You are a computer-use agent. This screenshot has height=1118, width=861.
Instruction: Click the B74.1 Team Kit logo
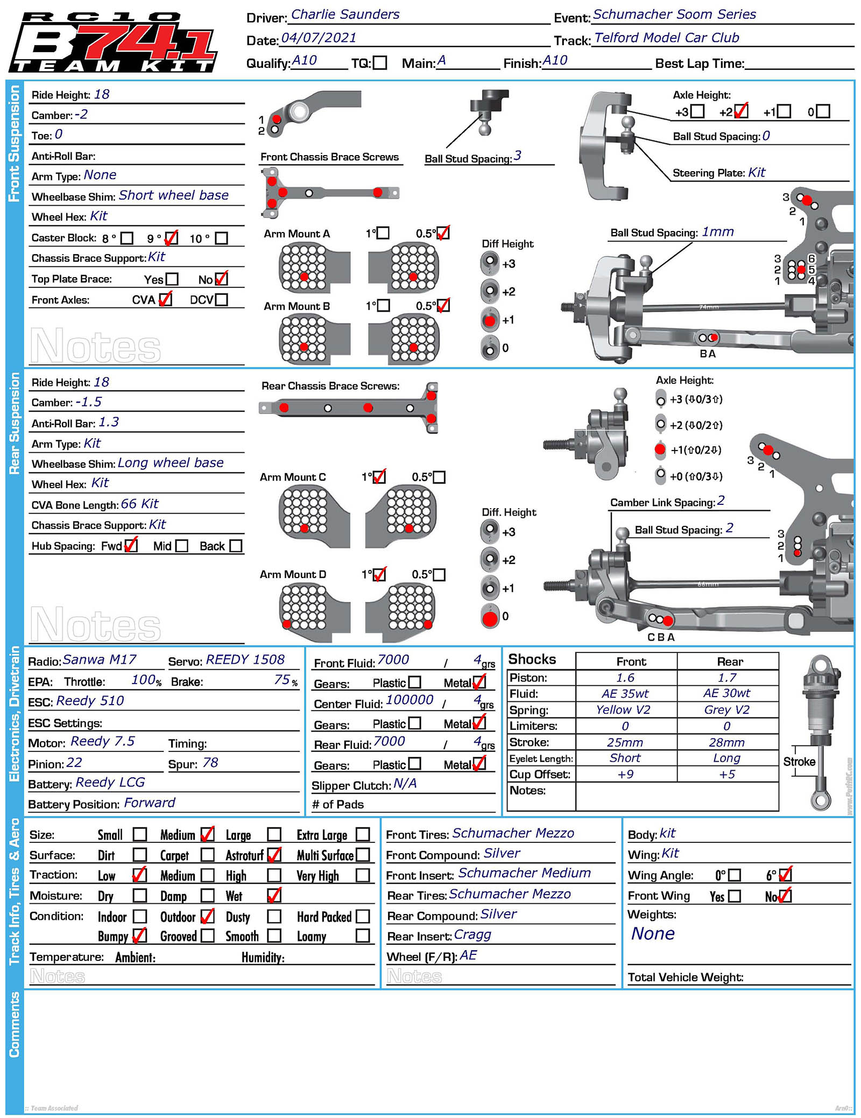click(113, 42)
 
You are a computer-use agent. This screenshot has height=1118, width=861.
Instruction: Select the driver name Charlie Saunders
click(345, 15)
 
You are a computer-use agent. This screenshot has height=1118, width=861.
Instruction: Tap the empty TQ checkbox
click(380, 63)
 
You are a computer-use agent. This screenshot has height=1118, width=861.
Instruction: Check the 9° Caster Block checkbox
click(171, 238)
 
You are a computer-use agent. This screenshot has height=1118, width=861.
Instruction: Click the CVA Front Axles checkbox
click(166, 299)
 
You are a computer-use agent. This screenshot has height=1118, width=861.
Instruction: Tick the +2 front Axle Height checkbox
click(740, 111)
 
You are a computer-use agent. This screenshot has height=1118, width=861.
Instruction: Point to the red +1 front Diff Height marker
click(490, 320)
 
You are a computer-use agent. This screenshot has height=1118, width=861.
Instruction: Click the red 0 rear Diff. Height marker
click(490, 617)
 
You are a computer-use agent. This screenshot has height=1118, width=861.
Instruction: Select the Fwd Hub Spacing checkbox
click(131, 546)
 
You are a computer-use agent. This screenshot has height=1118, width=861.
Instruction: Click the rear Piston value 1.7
click(727, 678)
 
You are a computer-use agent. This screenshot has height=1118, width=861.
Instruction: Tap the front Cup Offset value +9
click(625, 775)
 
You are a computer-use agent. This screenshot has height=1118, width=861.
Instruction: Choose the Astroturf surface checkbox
click(274, 855)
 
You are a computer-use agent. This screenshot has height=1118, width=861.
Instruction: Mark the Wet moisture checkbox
click(274, 896)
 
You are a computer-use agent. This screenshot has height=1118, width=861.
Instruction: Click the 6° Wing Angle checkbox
click(785, 875)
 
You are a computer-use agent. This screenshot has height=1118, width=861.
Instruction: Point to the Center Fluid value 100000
click(410, 700)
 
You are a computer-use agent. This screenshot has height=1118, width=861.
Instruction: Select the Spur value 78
click(210, 763)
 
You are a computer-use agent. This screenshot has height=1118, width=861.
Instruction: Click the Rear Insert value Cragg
click(472, 934)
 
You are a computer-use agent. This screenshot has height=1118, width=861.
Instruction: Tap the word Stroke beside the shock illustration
click(799, 762)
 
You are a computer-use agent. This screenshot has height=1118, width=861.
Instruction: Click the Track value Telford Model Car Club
click(666, 38)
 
